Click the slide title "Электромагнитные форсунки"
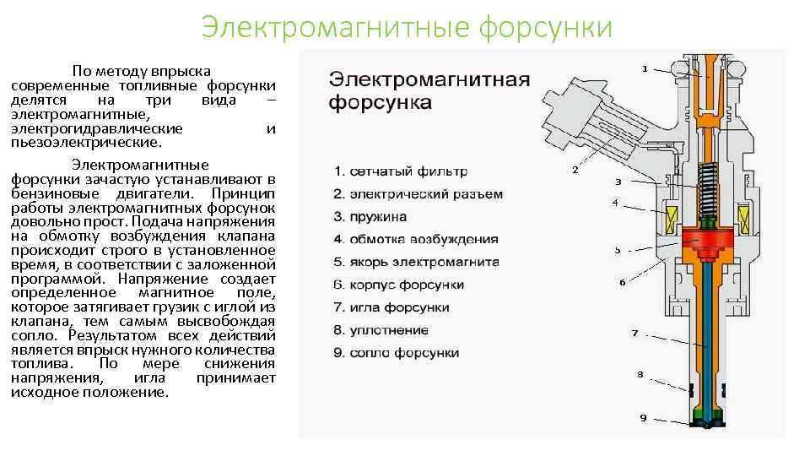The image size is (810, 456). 407,27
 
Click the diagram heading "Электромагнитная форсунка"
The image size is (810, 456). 429,91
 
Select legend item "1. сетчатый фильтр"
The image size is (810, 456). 400,171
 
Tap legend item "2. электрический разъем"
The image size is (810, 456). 418,194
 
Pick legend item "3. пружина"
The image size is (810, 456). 370,217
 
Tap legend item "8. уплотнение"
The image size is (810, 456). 381,330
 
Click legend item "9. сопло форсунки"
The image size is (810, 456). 397,353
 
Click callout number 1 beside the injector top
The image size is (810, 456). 645,68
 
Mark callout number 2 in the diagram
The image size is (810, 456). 575,171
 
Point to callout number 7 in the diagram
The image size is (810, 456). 634,333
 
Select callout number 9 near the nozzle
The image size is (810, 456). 643,418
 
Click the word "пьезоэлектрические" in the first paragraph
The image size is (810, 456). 77,142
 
